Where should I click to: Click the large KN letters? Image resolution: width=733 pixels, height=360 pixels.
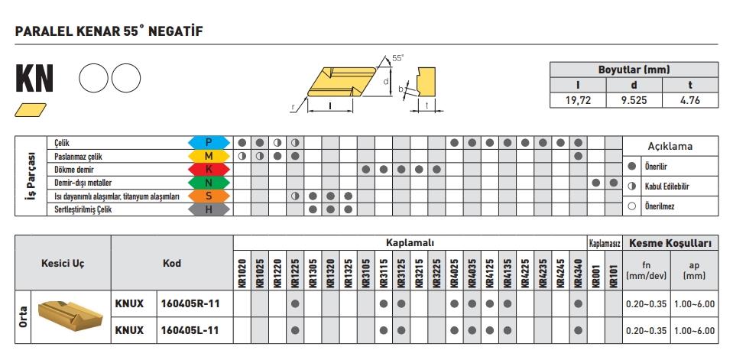pyautogui.click(x=34, y=79)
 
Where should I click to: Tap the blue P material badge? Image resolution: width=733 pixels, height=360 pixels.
pyautogui.click(x=209, y=142)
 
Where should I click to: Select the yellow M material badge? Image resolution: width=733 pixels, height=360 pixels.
pyautogui.click(x=209, y=156)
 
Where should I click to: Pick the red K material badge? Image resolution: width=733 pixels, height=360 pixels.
pyautogui.click(x=209, y=169)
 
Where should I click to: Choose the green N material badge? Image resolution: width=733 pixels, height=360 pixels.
pyautogui.click(x=209, y=183)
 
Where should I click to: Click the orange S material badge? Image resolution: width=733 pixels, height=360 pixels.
pyautogui.click(x=209, y=196)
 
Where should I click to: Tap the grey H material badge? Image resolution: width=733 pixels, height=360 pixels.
pyautogui.click(x=209, y=209)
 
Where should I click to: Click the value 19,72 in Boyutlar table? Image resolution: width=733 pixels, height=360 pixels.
pyautogui.click(x=577, y=99)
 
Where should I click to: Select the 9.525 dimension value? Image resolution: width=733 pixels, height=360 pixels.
pyautogui.click(x=634, y=99)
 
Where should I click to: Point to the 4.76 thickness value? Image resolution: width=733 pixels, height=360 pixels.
pyautogui.click(x=690, y=99)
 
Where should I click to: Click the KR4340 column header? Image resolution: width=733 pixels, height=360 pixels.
pyautogui.click(x=578, y=271)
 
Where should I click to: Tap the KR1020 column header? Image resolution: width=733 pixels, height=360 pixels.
pyautogui.click(x=242, y=271)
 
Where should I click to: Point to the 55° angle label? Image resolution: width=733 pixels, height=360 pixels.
pyautogui.click(x=397, y=58)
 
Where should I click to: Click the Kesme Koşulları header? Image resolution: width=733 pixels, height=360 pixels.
pyautogui.click(x=670, y=244)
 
